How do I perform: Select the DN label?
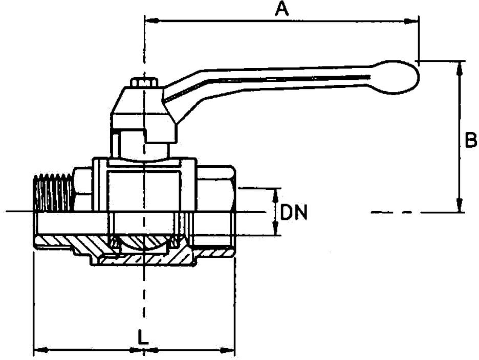tap(295, 212)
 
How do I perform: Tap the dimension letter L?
tap(143, 336)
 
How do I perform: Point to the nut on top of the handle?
tap(144, 82)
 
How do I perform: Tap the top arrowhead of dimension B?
tap(460, 66)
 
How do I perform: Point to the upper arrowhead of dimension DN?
tap(276, 194)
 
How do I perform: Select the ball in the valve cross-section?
tap(144, 242)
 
